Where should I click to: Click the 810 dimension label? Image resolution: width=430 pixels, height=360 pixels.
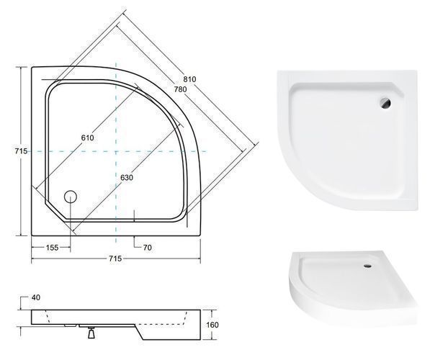pyautogui.click(x=189, y=79)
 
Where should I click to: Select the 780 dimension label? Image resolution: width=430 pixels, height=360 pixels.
pyautogui.click(x=180, y=89)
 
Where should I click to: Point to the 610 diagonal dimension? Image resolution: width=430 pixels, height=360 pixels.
pyautogui.click(x=87, y=138)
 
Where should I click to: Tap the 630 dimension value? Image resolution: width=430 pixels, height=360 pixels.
pyautogui.click(x=127, y=178)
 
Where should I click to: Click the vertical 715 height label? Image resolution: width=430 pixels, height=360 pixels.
pyautogui.click(x=21, y=151)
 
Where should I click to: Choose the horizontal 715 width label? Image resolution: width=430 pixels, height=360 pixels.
pyautogui.click(x=115, y=258)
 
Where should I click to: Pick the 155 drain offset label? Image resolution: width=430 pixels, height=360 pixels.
pyautogui.click(x=52, y=248)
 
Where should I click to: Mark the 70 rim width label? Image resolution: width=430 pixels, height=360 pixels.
pyautogui.click(x=147, y=248)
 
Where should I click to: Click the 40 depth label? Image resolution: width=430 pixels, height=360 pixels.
pyautogui.click(x=36, y=297)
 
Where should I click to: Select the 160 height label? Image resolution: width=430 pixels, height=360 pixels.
pyautogui.click(x=212, y=325)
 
